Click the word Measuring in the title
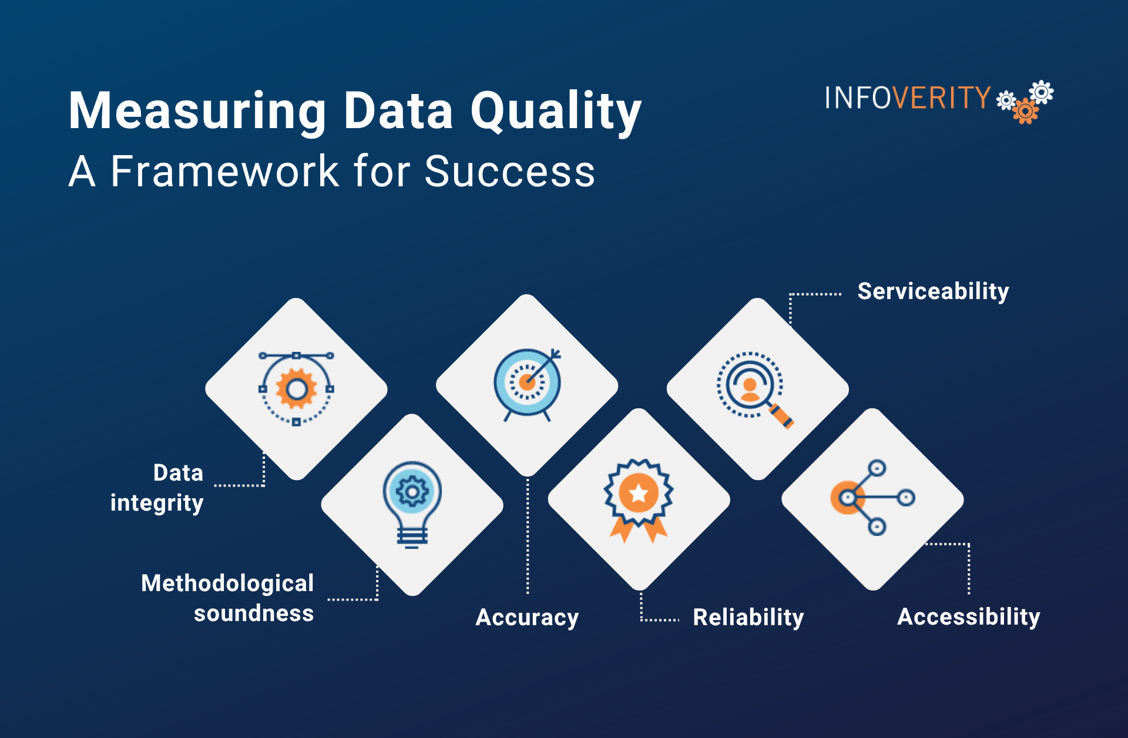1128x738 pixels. pyautogui.click(x=197, y=112)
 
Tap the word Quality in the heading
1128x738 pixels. pyautogui.click(x=556, y=112)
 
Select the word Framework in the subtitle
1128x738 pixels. pyautogui.click(x=225, y=172)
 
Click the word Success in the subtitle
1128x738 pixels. pyautogui.click(x=510, y=172)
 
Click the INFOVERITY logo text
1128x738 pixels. pyautogui.click(x=908, y=98)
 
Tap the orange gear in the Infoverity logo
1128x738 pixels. pyautogui.click(x=1026, y=111)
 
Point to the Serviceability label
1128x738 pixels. pyautogui.click(x=933, y=291)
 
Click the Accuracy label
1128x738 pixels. pyautogui.click(x=527, y=618)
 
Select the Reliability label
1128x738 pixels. pyautogui.click(x=748, y=618)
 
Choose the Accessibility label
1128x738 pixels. pyautogui.click(x=969, y=617)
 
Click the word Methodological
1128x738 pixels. pyautogui.click(x=227, y=583)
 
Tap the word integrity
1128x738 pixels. pyautogui.click(x=157, y=503)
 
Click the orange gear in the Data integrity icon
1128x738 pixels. pyautogui.click(x=297, y=388)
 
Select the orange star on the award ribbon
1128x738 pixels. pyautogui.click(x=639, y=493)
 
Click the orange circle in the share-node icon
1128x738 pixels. pyautogui.click(x=847, y=498)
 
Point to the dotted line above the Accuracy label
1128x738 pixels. pyautogui.click(x=528, y=536)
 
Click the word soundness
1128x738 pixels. pyautogui.click(x=254, y=613)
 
